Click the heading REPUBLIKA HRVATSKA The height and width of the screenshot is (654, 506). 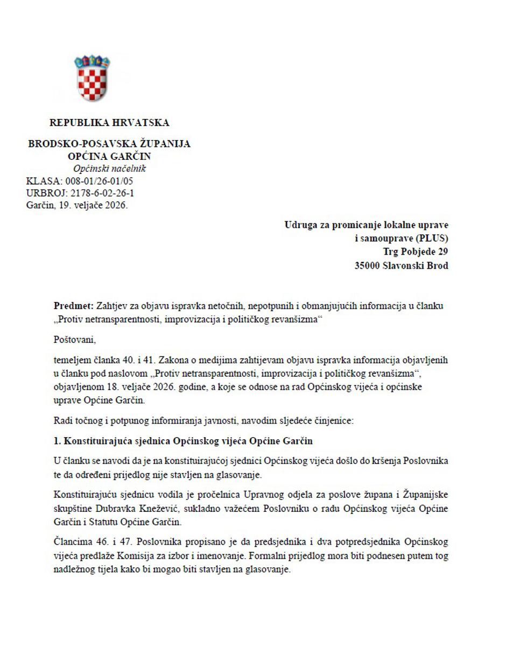[109, 123]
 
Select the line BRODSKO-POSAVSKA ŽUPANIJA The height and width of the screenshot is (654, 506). [109, 144]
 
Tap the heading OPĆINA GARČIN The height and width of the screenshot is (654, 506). [109, 157]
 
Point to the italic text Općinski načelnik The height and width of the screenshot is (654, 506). [109, 169]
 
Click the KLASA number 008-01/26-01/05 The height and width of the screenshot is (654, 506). [99, 181]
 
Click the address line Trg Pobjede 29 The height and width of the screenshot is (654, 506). [416, 251]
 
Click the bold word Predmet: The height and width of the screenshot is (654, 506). [74, 306]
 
